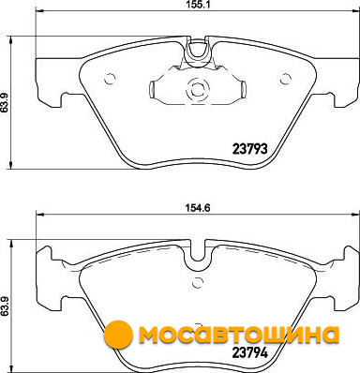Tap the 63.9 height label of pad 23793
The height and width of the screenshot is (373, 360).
(x=4, y=101)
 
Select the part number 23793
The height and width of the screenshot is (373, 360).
(x=250, y=149)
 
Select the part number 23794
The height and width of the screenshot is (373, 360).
(x=250, y=353)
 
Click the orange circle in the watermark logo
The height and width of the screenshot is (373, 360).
(x=118, y=336)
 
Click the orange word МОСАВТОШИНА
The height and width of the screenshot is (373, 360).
(x=239, y=335)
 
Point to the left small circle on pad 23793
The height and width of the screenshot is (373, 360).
(x=110, y=79)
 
